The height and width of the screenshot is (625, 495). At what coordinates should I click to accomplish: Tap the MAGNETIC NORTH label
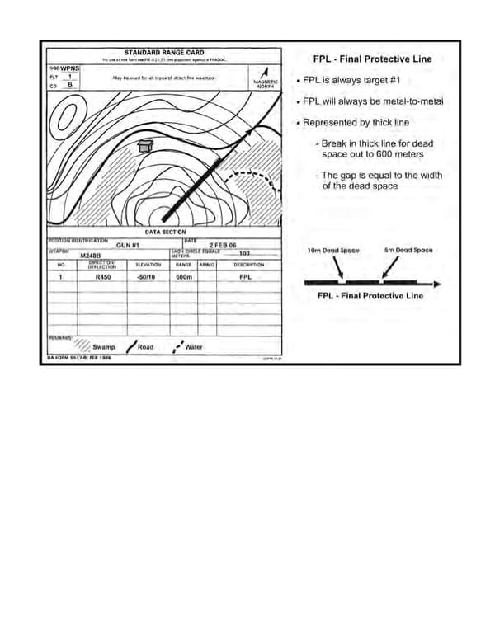tap(265, 84)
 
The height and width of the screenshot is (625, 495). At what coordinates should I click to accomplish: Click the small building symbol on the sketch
tap(146, 145)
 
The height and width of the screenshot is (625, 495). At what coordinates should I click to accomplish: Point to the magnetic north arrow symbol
tap(265, 72)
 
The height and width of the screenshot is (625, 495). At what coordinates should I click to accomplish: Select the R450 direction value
tap(104, 278)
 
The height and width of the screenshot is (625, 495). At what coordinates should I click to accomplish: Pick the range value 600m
tap(183, 278)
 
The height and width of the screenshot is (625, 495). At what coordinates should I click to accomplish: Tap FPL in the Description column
tap(245, 278)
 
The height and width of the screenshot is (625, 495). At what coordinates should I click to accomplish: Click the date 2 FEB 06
tap(223, 246)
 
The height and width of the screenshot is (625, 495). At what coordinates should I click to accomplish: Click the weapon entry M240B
tap(90, 256)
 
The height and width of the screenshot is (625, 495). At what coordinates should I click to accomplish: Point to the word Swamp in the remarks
tap(104, 347)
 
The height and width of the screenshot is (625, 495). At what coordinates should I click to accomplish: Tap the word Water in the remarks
tap(194, 347)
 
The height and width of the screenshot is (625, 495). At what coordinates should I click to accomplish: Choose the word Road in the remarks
tap(145, 347)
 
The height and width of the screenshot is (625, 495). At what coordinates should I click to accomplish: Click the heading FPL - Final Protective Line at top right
tap(372, 59)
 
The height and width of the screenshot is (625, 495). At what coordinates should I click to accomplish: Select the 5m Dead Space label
tap(408, 250)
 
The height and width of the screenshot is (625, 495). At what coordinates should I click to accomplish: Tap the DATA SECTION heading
tap(166, 233)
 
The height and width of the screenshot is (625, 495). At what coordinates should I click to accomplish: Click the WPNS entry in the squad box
tap(70, 68)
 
